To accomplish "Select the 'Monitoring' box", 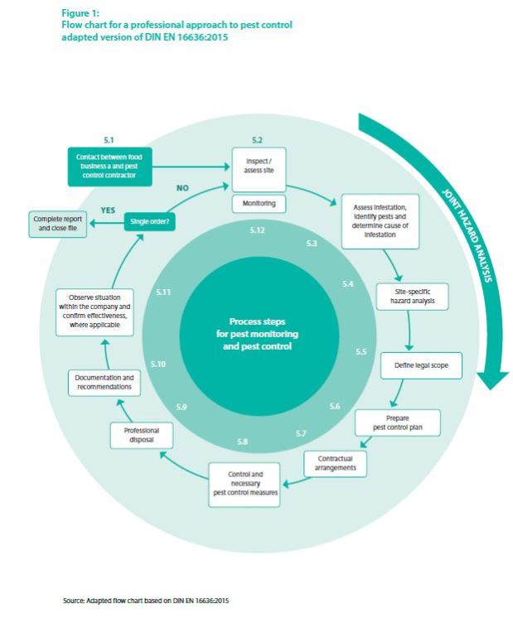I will click(x=258, y=203).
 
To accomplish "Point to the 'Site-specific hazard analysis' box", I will click(x=411, y=297).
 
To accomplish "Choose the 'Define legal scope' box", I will click(x=421, y=365).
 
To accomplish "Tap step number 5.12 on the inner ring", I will click(x=257, y=229).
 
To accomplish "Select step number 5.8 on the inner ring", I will click(x=242, y=442).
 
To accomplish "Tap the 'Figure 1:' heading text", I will click(x=79, y=13).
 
